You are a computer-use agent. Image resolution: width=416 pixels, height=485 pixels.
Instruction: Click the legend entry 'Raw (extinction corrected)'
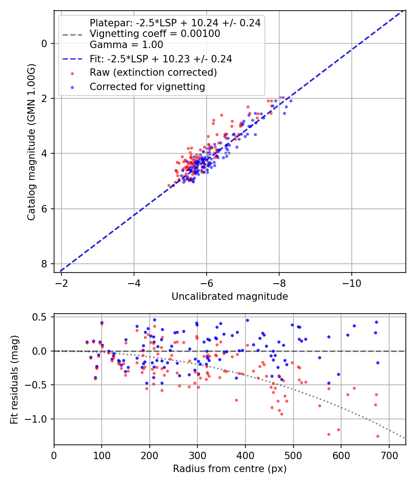point(153,73)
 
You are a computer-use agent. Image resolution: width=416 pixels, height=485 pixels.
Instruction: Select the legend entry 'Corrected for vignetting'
point(147,86)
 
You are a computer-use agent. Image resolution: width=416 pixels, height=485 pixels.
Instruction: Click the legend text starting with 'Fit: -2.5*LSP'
point(161,59)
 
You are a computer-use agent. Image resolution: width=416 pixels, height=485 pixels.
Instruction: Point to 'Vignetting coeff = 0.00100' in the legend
point(155,34)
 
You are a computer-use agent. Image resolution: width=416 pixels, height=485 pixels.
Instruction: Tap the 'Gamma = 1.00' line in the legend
point(126,45)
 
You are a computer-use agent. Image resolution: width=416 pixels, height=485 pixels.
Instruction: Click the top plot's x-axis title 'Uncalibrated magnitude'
point(230,297)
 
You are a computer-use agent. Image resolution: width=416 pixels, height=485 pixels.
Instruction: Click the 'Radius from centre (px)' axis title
point(230,469)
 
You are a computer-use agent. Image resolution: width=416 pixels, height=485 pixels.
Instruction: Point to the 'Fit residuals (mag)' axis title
point(14,380)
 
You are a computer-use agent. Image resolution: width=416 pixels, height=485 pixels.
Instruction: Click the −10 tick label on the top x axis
point(352,282)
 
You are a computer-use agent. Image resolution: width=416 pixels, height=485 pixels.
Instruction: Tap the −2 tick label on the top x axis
point(62,282)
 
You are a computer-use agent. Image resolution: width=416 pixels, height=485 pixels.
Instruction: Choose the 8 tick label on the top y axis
point(44,264)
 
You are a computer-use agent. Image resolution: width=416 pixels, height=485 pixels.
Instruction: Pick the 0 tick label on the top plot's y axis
point(44,43)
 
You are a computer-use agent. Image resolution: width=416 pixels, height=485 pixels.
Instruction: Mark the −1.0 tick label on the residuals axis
point(39,419)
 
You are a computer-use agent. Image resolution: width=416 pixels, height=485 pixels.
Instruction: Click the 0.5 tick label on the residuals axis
point(42,317)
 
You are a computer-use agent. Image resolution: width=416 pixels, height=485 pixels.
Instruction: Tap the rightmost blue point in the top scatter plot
point(291,101)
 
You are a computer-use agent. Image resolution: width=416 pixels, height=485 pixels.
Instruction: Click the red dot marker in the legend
point(72,73)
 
